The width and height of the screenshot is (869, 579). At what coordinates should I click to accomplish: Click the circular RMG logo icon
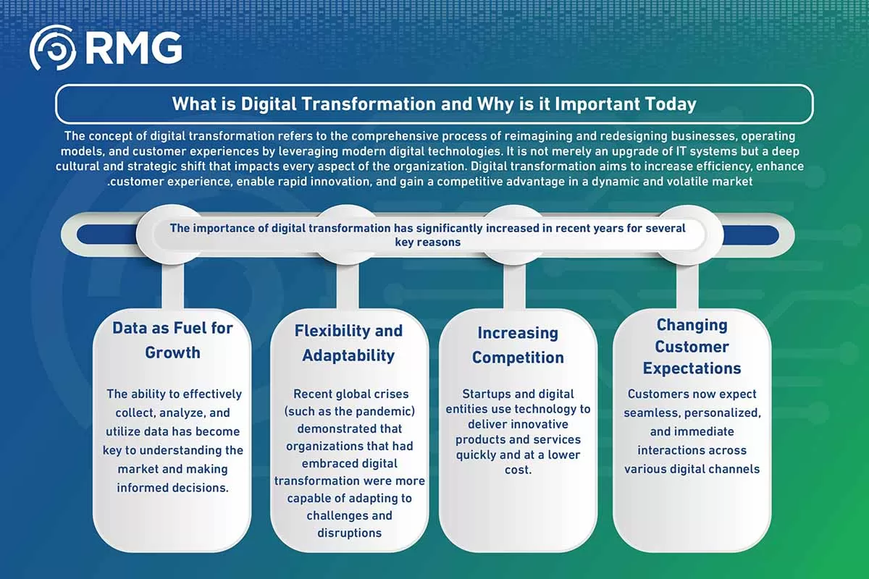coord(53,48)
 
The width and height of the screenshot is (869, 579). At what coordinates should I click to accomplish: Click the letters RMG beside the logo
coord(133,48)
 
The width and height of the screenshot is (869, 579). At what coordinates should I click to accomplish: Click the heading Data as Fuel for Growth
coord(172,340)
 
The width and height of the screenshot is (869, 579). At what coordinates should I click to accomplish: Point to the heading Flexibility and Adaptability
coord(348,343)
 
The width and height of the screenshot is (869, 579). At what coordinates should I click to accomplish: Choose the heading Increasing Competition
coord(518,345)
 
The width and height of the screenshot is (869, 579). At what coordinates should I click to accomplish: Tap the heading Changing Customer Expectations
coord(692,346)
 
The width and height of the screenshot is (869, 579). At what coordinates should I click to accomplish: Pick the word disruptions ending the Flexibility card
coord(350,533)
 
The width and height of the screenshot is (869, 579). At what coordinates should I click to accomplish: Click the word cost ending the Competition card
coord(517,470)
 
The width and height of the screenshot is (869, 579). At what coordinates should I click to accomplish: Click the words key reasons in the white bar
coord(428,242)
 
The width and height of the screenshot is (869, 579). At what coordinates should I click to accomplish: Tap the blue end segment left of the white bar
coord(106,234)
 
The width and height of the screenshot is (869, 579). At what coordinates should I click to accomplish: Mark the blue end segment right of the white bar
coord(751,235)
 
